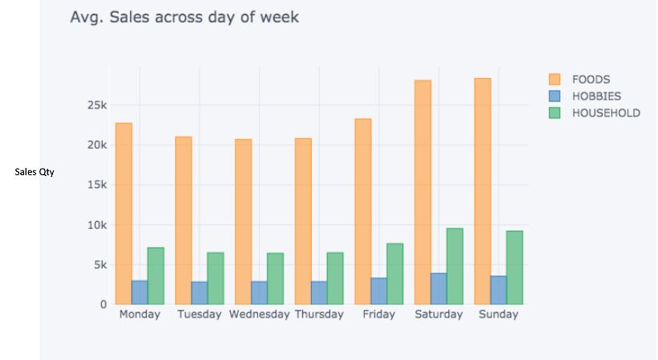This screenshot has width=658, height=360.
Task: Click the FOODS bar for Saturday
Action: [x=423, y=192]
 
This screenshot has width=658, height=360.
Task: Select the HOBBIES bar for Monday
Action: [x=140, y=292]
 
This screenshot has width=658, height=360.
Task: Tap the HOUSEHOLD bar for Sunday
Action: [x=514, y=268]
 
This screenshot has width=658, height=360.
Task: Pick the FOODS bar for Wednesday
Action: [x=243, y=222]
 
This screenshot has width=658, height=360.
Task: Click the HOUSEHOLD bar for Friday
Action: [x=394, y=274]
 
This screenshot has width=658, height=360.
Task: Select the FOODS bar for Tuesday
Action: [x=183, y=220]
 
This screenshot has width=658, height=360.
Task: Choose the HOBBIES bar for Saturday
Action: [x=439, y=288]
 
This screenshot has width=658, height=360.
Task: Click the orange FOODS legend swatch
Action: [x=554, y=80]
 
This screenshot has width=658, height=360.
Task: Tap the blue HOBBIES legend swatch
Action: [x=554, y=96]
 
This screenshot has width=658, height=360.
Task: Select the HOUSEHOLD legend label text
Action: [x=606, y=113]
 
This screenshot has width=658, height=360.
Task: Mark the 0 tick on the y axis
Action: [x=104, y=305]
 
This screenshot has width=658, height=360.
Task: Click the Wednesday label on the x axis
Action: [x=259, y=314]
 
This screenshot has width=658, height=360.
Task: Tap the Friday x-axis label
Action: [x=378, y=314]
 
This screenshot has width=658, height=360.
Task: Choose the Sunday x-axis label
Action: [x=498, y=314]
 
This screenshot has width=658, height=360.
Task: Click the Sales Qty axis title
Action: [x=35, y=172]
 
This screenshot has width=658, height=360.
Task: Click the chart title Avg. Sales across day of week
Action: [x=184, y=17]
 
